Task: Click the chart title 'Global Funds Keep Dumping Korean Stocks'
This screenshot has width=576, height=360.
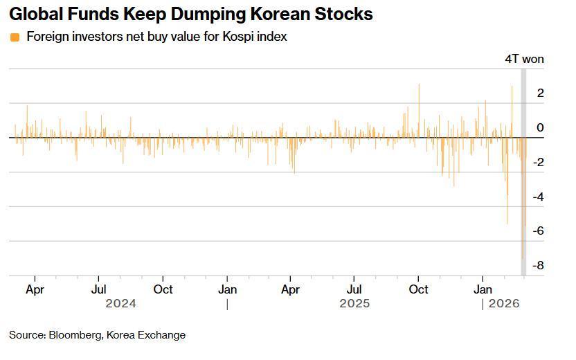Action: (190, 14)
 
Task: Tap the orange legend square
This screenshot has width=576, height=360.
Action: (15, 37)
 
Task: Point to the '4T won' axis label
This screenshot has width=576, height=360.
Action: (524, 59)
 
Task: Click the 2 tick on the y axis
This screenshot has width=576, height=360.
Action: (540, 93)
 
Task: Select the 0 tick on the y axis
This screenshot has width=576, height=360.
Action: (540, 127)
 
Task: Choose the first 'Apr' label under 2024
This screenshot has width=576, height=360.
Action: (35, 289)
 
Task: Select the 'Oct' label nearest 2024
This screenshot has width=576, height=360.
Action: (163, 289)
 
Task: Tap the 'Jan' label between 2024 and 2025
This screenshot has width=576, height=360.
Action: (228, 289)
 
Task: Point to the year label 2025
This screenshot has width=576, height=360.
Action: (354, 303)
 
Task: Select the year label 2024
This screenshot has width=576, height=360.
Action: (120, 303)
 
